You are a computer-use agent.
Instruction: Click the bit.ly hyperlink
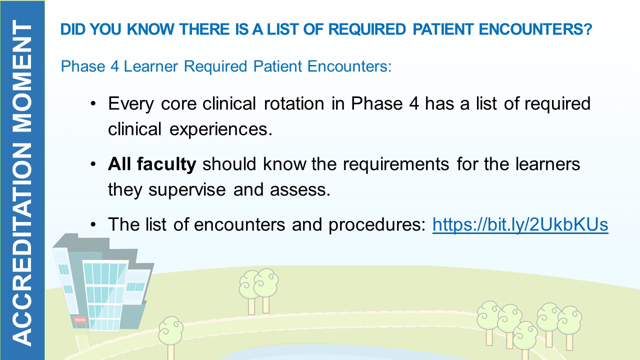pos(520,224)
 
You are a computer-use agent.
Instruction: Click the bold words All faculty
pos(152,164)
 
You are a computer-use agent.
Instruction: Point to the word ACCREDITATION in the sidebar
pos(22,244)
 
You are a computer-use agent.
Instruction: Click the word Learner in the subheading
pos(151,66)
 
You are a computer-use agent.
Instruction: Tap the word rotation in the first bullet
pos(294,103)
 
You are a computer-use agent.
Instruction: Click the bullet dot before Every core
pos(93,104)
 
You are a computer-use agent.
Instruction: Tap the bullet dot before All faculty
pos(93,165)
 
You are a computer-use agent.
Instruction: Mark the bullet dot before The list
pos(93,225)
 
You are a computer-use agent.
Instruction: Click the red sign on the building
pos(80,320)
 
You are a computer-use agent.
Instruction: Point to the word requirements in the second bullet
pos(396,165)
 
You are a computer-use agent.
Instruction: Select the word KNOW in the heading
pos(150,29)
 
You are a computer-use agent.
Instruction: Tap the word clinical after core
pos(229,103)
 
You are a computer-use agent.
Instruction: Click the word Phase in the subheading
pos(83,66)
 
